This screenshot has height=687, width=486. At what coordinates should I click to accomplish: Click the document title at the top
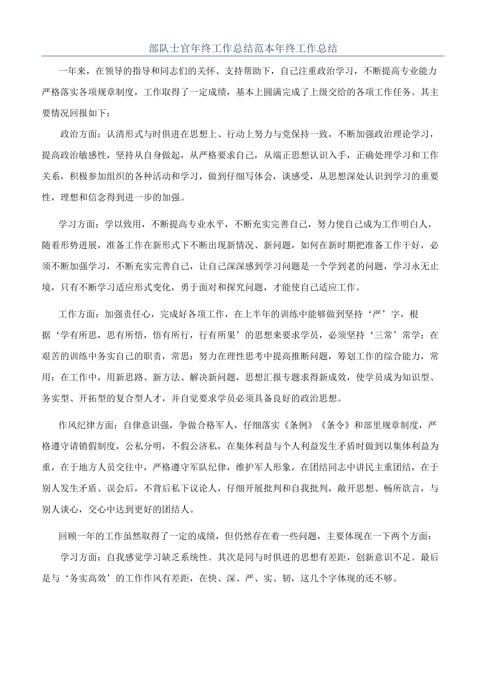point(243,49)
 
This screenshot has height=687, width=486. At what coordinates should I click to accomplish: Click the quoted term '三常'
point(366,335)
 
